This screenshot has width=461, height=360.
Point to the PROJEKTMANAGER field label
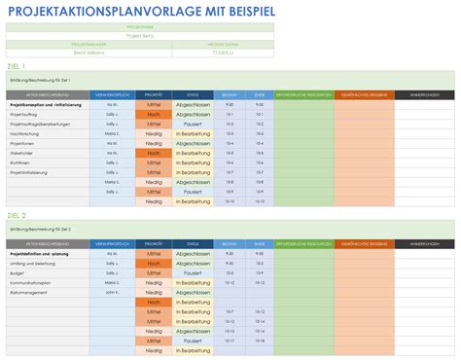tap(88, 45)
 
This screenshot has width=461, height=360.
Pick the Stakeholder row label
tap(22, 153)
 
